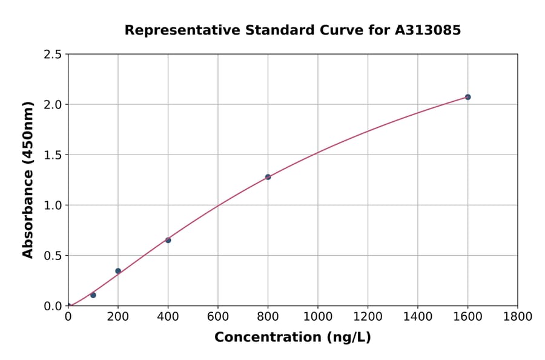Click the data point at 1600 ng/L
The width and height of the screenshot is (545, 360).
click(467, 97)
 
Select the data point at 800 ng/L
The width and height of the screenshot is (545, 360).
click(268, 177)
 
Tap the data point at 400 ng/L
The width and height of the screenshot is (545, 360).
click(168, 240)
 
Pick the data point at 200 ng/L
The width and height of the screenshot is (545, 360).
click(118, 271)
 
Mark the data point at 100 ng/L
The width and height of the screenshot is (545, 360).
click(93, 295)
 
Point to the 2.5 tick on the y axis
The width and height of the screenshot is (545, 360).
click(53, 55)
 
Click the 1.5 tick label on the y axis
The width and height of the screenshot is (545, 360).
click(53, 155)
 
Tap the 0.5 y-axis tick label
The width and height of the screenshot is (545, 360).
click(53, 256)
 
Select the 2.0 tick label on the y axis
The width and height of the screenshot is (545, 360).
click(53, 105)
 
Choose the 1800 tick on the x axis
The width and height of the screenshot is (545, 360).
click(518, 316)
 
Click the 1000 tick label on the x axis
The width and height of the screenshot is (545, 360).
click(318, 316)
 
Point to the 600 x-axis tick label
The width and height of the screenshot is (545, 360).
click(218, 316)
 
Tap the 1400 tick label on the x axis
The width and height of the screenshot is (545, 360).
click(418, 316)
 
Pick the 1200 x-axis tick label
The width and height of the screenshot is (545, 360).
click(368, 316)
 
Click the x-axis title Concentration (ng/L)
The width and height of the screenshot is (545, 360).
click(292, 337)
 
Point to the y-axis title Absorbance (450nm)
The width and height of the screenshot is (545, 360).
click(28, 180)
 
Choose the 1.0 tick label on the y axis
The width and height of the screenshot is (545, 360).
click(53, 205)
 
